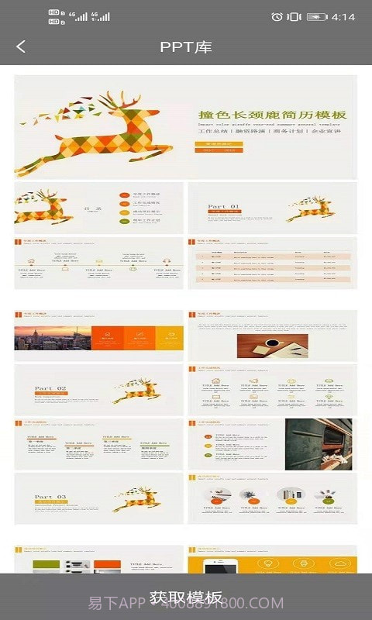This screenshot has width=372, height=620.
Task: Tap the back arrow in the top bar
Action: pos(21,46)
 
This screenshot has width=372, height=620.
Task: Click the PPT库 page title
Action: pos(186,46)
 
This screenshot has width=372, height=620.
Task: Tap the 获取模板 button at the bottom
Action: pos(186,598)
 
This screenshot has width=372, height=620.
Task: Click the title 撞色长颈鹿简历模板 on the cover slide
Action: pos(272,115)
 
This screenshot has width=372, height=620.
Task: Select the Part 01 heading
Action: pos(224,207)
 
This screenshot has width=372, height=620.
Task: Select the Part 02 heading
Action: pos(50,388)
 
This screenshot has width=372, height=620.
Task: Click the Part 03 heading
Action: pos(50,497)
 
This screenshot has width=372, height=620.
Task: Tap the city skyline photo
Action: pos(52,338)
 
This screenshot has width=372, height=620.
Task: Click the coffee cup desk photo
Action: pos(272,345)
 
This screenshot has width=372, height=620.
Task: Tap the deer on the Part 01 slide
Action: pos(311,207)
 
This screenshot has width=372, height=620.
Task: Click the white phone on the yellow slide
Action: pos(220,566)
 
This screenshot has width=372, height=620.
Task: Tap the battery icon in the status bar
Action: pos(316,16)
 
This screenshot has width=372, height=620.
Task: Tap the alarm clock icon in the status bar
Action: pos(277,16)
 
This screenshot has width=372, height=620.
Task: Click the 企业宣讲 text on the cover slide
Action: pos(326,131)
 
